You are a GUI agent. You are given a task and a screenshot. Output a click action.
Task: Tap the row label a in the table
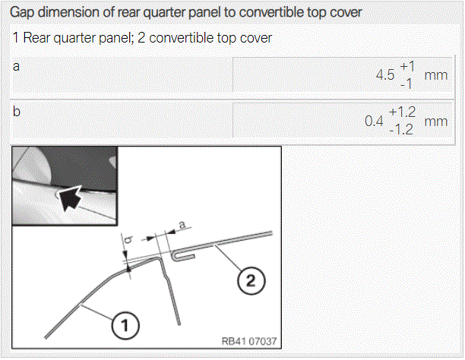16,66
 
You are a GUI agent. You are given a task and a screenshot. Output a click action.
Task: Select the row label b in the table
17,112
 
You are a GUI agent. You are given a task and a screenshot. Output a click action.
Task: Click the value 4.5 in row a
385,75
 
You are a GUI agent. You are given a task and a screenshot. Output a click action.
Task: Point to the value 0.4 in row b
374,122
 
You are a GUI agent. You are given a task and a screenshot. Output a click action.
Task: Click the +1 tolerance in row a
407,66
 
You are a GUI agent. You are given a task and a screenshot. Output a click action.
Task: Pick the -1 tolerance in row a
406,84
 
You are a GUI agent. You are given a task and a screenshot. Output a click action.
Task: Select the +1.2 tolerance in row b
402,112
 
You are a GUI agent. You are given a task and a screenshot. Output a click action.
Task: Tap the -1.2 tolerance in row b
401,130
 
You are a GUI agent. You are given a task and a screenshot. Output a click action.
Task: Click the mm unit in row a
436,75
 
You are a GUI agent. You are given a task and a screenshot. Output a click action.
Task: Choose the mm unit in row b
436,122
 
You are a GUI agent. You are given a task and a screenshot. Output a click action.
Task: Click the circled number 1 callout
125,325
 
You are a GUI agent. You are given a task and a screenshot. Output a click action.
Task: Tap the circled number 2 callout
251,280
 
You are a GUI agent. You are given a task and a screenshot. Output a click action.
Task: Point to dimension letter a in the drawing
182,225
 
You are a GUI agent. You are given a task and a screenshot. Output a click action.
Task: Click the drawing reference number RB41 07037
249,341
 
